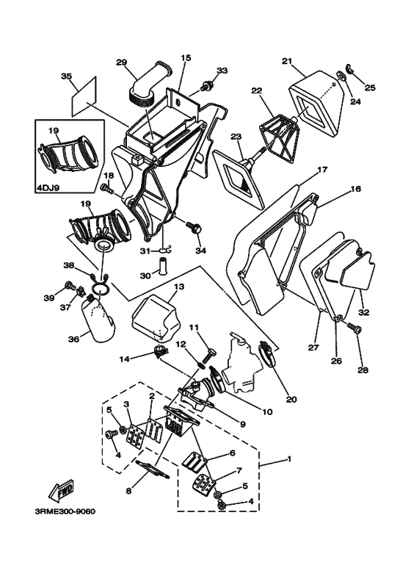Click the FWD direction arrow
tap(61, 491)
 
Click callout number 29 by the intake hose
tap(121, 62)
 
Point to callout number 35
tap(66, 76)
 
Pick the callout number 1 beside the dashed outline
tap(288, 459)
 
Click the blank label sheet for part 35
tap(84, 96)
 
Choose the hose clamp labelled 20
tap(269, 353)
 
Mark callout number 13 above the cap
tap(179, 287)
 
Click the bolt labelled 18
tap(108, 189)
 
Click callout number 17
tap(322, 169)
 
